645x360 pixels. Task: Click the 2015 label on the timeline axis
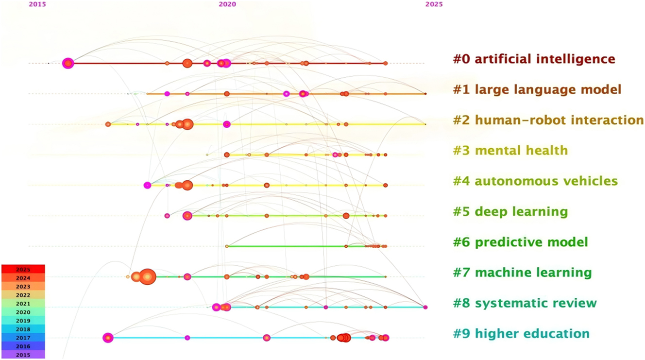point(37,4)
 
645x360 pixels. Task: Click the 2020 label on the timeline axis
point(227,4)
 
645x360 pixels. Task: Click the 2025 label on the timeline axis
point(434,4)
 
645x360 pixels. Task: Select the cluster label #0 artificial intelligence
point(534,59)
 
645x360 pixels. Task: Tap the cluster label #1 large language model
point(537,90)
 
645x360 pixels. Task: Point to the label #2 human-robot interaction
point(548,120)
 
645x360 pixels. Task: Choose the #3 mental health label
point(510,151)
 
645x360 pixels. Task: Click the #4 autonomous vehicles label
point(535,181)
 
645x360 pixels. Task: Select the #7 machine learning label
point(522,273)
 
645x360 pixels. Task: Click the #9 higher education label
point(521,334)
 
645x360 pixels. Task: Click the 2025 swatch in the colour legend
point(23,269)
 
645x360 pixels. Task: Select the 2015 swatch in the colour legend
point(23,355)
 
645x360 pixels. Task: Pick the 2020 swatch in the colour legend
point(23,312)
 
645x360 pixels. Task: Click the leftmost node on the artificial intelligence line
point(68,63)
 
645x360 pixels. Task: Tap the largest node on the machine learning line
point(148,277)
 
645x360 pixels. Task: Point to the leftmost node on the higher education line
point(108,338)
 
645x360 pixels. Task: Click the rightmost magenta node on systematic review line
point(425,307)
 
